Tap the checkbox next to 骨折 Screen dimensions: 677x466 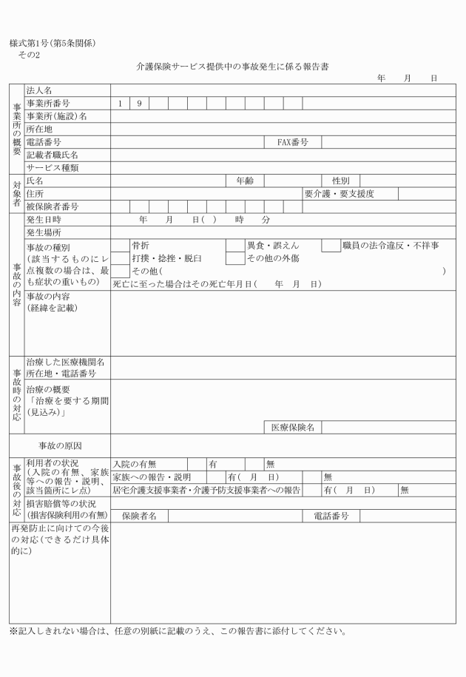point(120,246)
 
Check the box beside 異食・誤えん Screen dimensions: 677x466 point(234,246)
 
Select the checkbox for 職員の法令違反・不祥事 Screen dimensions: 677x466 point(330,246)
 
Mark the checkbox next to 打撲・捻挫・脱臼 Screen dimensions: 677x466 point(120,259)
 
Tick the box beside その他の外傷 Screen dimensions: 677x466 point(234,259)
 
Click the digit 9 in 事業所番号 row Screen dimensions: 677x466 point(139,104)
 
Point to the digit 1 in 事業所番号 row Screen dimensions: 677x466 point(120,104)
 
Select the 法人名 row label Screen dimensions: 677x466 point(40,90)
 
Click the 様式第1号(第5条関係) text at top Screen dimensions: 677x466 point(52,42)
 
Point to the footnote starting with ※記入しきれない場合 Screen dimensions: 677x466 point(177,631)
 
